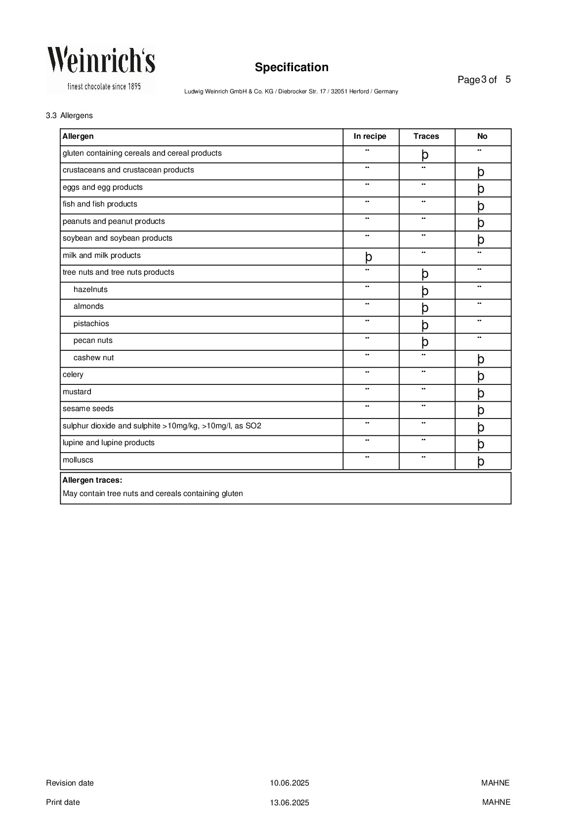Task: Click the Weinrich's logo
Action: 101,68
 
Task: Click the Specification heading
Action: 292,67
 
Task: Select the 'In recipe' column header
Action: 370,136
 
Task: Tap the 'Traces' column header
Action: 426,136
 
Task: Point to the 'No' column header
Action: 482,136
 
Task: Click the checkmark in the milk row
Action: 369,257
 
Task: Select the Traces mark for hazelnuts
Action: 425,291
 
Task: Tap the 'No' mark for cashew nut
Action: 481,359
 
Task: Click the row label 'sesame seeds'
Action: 88,409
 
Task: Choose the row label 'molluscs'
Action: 78,460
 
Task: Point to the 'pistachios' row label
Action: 91,324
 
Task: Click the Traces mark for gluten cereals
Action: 425,155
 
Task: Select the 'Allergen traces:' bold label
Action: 92,480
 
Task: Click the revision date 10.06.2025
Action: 290,783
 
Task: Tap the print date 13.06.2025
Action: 290,802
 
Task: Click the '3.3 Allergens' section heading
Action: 69,116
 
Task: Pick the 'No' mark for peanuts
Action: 481,223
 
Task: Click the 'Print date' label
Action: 63,802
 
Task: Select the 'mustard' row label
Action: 77,392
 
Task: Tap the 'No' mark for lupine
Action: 481,444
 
